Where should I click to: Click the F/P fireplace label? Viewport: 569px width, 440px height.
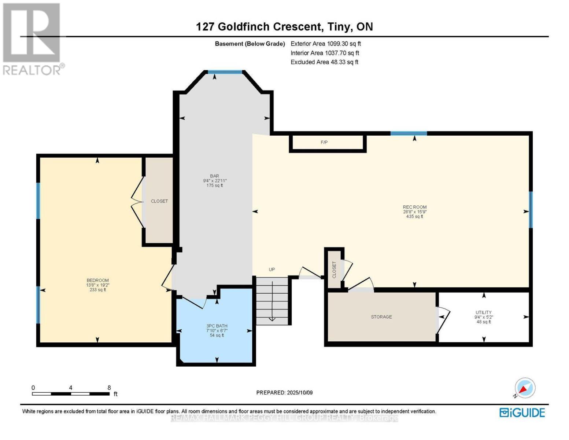[324, 142]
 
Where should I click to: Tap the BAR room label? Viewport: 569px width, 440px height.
[215, 176]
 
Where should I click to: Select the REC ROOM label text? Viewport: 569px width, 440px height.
[414, 207]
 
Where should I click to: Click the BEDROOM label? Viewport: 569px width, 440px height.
[97, 280]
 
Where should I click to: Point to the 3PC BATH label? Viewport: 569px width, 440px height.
[217, 326]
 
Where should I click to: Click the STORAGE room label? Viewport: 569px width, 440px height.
[381, 317]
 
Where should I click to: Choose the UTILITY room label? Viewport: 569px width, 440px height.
[484, 312]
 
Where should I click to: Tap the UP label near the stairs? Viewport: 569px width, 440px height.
[272, 269]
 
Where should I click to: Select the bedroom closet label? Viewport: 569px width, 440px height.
[159, 201]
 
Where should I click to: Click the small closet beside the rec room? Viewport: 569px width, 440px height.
[334, 270]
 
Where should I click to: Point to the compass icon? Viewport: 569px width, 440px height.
[525, 388]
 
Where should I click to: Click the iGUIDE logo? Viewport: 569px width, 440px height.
[522, 412]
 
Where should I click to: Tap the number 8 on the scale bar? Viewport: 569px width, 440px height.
[109, 388]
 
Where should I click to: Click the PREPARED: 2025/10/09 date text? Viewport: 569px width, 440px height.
[284, 393]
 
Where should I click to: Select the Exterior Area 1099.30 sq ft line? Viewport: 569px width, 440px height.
[325, 44]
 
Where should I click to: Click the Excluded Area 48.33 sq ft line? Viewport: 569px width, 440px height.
[324, 62]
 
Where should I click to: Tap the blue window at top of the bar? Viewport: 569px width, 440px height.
[225, 72]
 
